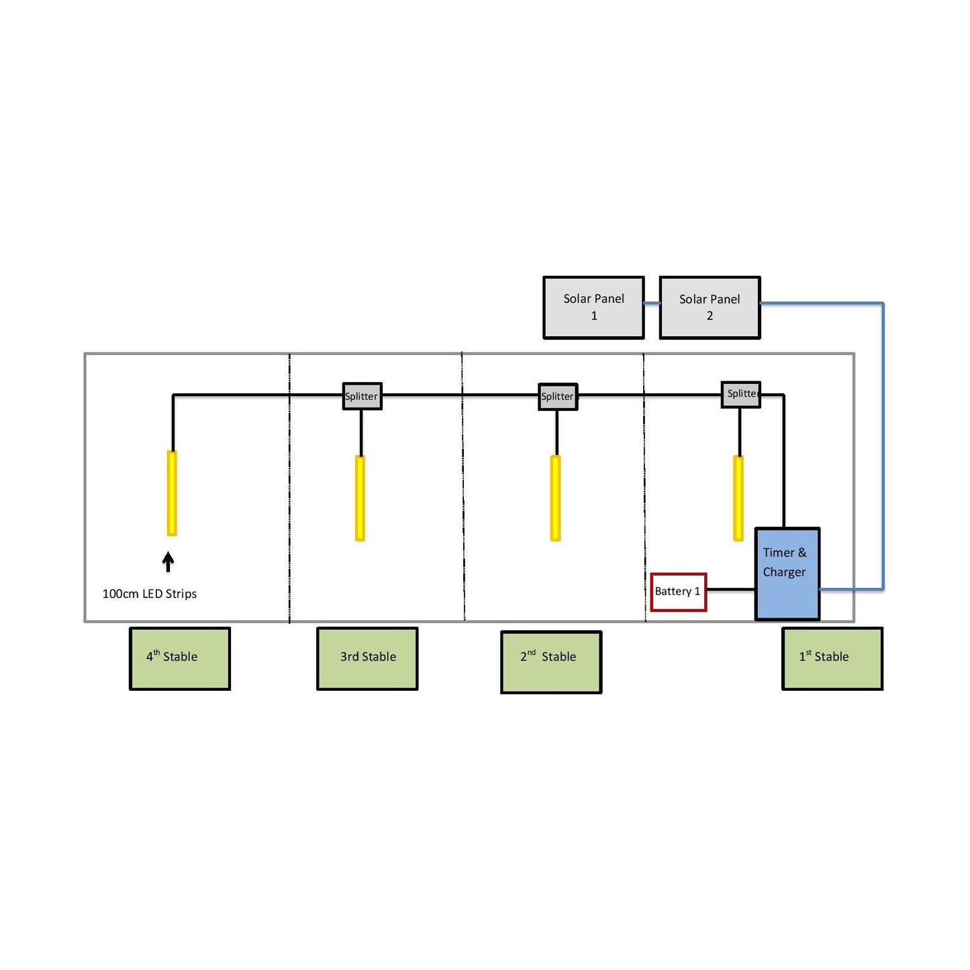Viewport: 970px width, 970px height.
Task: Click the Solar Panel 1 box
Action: tap(593, 307)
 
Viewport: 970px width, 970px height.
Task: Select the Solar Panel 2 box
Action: tap(710, 307)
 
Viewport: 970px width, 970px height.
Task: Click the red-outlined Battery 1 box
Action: tap(678, 591)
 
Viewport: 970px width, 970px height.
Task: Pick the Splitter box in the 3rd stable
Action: tap(362, 396)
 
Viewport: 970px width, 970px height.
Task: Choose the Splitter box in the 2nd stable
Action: tap(558, 396)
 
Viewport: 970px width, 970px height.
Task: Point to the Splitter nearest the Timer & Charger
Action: tap(741, 394)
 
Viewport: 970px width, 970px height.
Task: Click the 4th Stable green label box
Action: tap(180, 658)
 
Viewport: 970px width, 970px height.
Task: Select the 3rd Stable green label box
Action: tap(367, 658)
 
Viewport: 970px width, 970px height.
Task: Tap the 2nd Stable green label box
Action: tap(551, 661)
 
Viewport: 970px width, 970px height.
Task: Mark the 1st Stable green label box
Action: tap(832, 658)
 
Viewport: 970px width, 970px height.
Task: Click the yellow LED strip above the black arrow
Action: tap(172, 493)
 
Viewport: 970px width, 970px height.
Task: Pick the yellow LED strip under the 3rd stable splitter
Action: tap(360, 497)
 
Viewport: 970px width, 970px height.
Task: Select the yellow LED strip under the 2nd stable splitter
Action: tap(555, 497)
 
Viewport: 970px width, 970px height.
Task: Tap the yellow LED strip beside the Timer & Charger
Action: tap(738, 497)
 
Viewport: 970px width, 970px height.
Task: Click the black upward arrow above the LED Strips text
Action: tap(168, 562)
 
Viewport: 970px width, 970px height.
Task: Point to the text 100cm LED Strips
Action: tap(150, 593)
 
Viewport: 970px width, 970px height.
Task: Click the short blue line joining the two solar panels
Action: tap(652, 303)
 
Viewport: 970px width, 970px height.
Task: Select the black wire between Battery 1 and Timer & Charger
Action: tap(731, 589)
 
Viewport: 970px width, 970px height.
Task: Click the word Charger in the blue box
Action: tap(784, 572)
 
